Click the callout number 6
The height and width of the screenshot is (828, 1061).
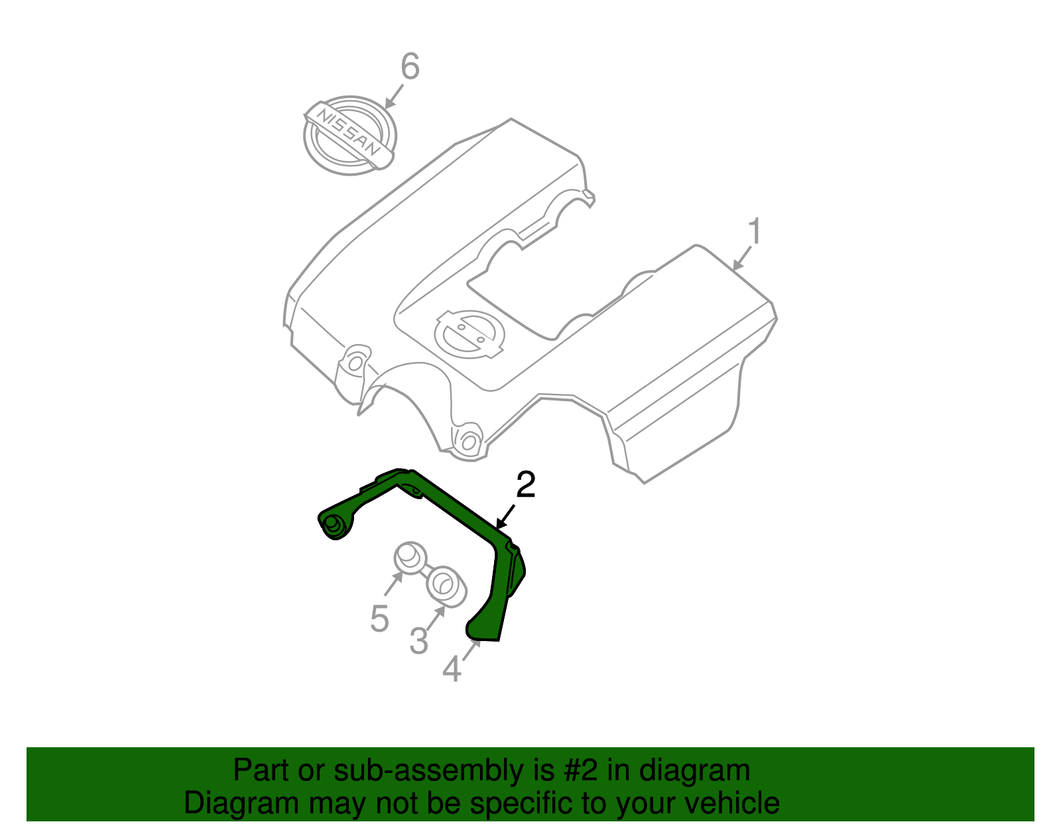(410, 67)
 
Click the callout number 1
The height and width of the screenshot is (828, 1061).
(755, 232)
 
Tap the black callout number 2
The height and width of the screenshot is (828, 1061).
(525, 485)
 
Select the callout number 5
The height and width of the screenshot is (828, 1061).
(379, 619)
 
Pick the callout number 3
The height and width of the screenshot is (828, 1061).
(418, 641)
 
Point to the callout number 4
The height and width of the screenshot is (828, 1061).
(452, 670)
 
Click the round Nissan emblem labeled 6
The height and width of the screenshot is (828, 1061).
(349, 135)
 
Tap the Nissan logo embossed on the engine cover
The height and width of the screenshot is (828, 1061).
(468, 333)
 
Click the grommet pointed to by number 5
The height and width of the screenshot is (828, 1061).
(410, 556)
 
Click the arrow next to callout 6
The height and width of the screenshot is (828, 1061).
(394, 97)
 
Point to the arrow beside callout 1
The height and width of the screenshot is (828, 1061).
(742, 259)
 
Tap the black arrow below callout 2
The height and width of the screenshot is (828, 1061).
(505, 516)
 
